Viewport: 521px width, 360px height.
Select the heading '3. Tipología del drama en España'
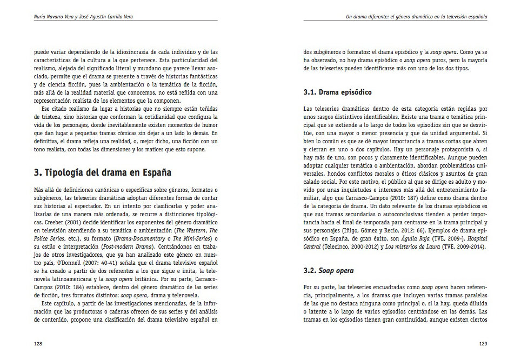click(102, 174)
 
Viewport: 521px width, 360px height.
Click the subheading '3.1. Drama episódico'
click(338, 92)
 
